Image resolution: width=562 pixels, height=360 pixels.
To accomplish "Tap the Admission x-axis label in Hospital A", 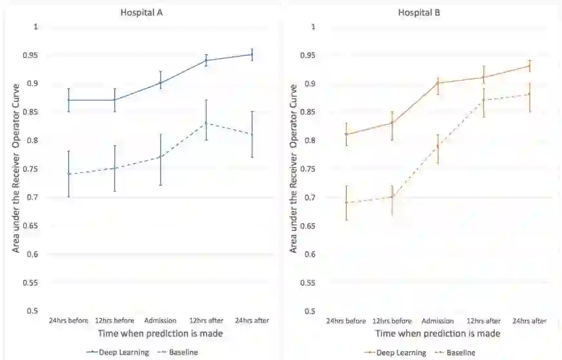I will (x=161, y=320).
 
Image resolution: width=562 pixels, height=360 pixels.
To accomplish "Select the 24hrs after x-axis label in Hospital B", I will (x=529, y=321).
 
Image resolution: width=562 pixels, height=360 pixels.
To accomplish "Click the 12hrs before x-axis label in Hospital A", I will (x=115, y=320).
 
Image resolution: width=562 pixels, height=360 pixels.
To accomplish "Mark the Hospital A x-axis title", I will (x=161, y=334).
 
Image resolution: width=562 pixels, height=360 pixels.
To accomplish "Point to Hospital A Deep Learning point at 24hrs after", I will (x=252, y=55).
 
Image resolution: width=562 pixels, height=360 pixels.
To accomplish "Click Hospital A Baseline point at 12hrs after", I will (x=206, y=123).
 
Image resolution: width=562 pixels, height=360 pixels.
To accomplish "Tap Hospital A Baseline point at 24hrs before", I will (x=68, y=174).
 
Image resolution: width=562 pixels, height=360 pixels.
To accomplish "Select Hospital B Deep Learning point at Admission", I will (x=437, y=83).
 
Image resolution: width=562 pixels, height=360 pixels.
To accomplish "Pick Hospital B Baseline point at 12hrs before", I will (x=392, y=197).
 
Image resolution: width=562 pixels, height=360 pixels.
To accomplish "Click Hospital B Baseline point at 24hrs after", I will (x=529, y=94).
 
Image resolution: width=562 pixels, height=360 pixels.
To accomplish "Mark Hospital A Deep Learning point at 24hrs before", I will (x=68, y=100).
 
